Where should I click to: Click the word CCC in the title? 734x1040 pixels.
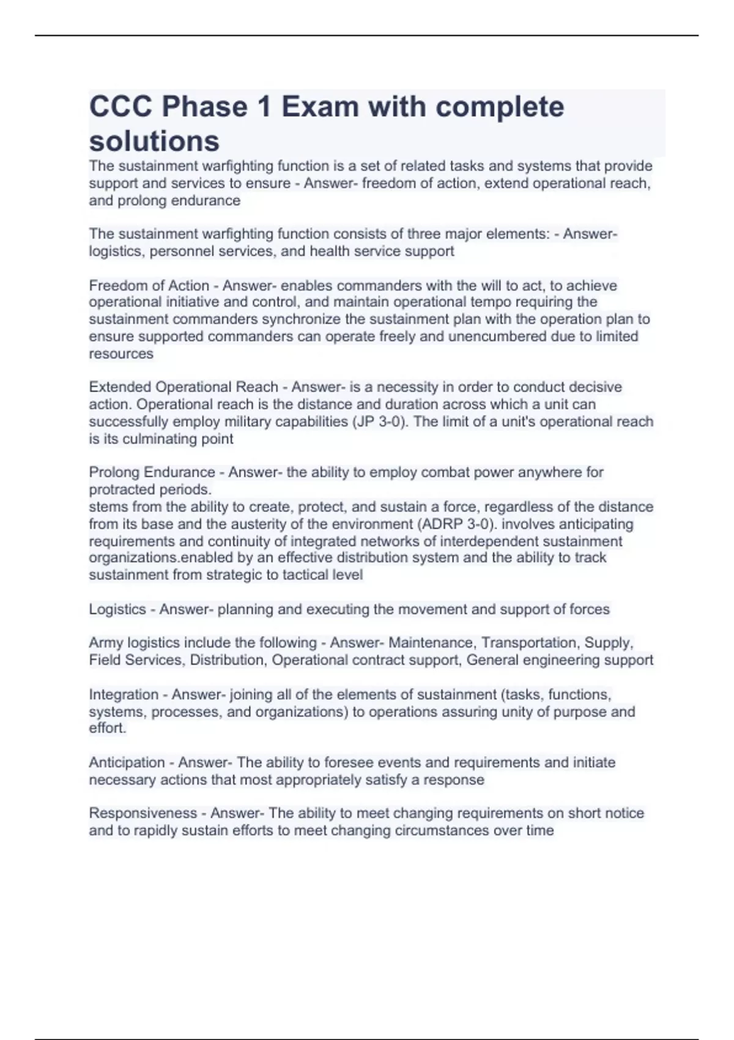(x=120, y=107)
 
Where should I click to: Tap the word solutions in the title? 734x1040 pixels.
(x=154, y=141)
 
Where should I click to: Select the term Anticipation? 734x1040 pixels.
(x=127, y=762)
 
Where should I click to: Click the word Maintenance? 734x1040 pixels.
(x=431, y=643)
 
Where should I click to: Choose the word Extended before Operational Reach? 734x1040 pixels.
(x=120, y=387)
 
